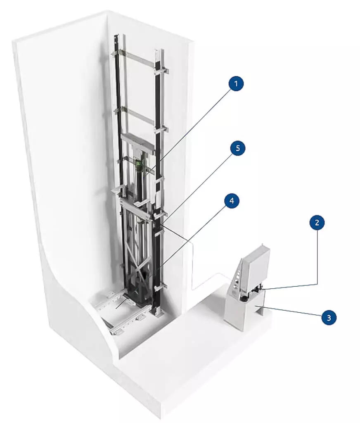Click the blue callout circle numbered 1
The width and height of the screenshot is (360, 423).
tap(236, 85)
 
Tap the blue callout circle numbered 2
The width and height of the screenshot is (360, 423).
tap(317, 223)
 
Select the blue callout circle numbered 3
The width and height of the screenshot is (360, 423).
tap(328, 318)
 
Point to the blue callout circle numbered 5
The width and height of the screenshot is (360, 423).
tap(237, 149)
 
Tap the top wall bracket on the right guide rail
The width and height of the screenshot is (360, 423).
tap(161, 71)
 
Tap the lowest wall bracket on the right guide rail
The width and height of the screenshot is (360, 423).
tap(161, 286)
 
